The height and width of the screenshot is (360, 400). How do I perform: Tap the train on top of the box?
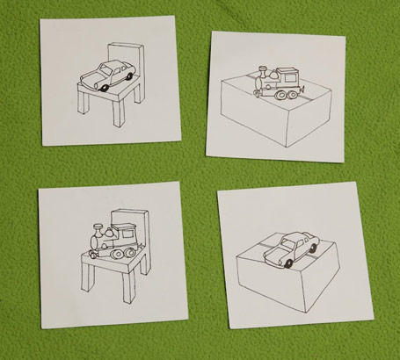point(277,81)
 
